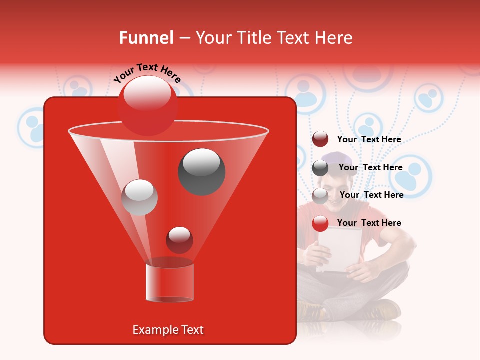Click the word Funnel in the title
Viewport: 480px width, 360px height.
(x=146, y=38)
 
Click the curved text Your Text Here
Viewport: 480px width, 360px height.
(x=147, y=73)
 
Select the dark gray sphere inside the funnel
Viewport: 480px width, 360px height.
(x=202, y=171)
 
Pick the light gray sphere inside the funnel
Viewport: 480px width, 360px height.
(x=139, y=197)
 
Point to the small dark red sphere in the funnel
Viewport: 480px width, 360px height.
(x=179, y=240)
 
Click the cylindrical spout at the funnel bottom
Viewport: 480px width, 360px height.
(x=170, y=282)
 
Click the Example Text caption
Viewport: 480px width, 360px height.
(x=168, y=330)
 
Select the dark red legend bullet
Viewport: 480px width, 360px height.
(x=320, y=139)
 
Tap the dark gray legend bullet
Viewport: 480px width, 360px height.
(x=320, y=167)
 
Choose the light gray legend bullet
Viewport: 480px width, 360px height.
(x=320, y=195)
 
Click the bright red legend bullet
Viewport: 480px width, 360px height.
(x=320, y=223)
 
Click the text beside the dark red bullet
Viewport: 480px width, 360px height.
(x=369, y=139)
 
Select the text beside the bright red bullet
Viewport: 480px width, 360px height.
(x=369, y=223)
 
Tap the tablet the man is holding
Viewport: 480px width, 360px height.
(x=340, y=249)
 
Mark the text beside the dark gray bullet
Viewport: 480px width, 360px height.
(x=370, y=167)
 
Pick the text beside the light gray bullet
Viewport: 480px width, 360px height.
(x=371, y=195)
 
